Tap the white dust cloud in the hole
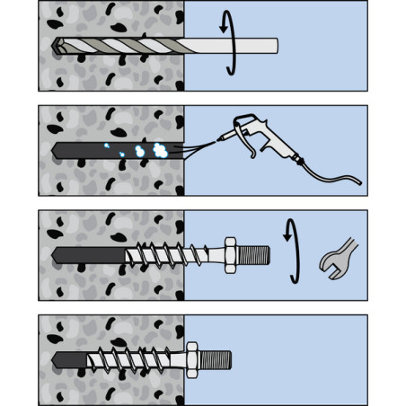tap(159, 150)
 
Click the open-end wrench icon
tap(338, 255)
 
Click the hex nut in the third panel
tap(229, 255)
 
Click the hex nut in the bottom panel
tap(191, 358)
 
